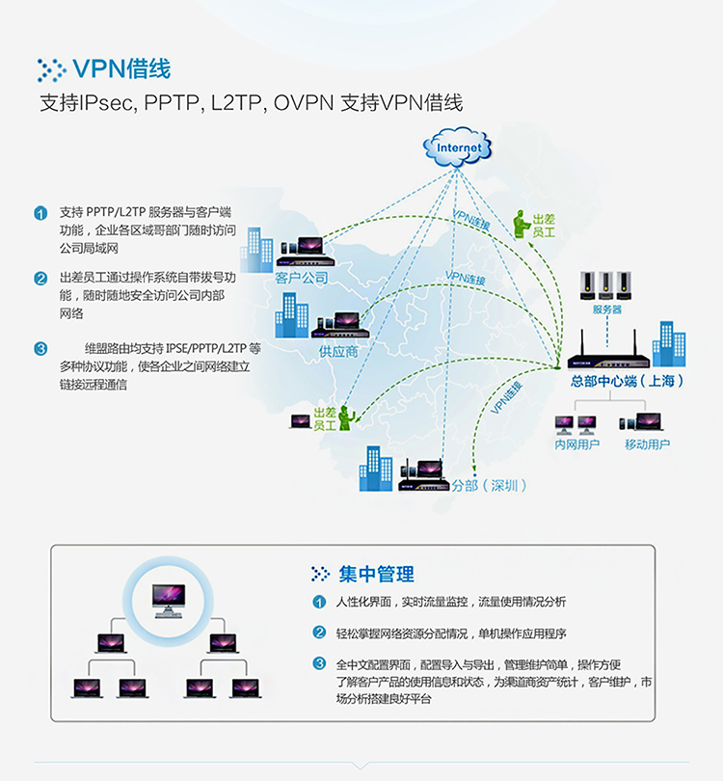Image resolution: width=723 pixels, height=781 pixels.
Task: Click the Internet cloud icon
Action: pos(457,147)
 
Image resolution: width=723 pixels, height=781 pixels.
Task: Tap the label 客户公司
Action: pos(301,278)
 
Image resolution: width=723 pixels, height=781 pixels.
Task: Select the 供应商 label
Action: pos(338,352)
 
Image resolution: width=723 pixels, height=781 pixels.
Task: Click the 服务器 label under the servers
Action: pos(607,310)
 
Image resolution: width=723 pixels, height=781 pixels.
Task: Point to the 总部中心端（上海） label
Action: pos(628,381)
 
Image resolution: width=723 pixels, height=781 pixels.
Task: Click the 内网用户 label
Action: pos(577,444)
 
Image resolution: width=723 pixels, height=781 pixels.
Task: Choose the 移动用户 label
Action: pos(647,444)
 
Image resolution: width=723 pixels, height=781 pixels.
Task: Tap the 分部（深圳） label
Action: pos(489,485)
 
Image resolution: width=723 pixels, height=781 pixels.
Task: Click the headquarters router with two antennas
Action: pos(608,351)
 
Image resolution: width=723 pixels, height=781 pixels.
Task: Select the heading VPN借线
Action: pos(121,68)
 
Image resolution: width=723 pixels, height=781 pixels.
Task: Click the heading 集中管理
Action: pos(376,574)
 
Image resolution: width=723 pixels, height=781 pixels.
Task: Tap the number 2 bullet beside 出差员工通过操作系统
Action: pos(40,278)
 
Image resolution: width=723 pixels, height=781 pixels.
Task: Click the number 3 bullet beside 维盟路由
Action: pos(40,348)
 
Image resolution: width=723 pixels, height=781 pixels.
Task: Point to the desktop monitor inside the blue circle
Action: pos(169,601)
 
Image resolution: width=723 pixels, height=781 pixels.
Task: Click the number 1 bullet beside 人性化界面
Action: pos(319,602)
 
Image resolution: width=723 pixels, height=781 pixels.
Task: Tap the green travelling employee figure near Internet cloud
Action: pos(521,224)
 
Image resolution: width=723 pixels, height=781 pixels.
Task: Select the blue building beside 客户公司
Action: pos(256,251)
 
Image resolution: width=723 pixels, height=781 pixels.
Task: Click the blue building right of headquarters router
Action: pos(669,343)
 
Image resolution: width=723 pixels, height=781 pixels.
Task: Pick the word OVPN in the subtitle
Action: pos(304,102)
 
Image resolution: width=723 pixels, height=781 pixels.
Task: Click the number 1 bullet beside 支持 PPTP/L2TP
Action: pos(40,213)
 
